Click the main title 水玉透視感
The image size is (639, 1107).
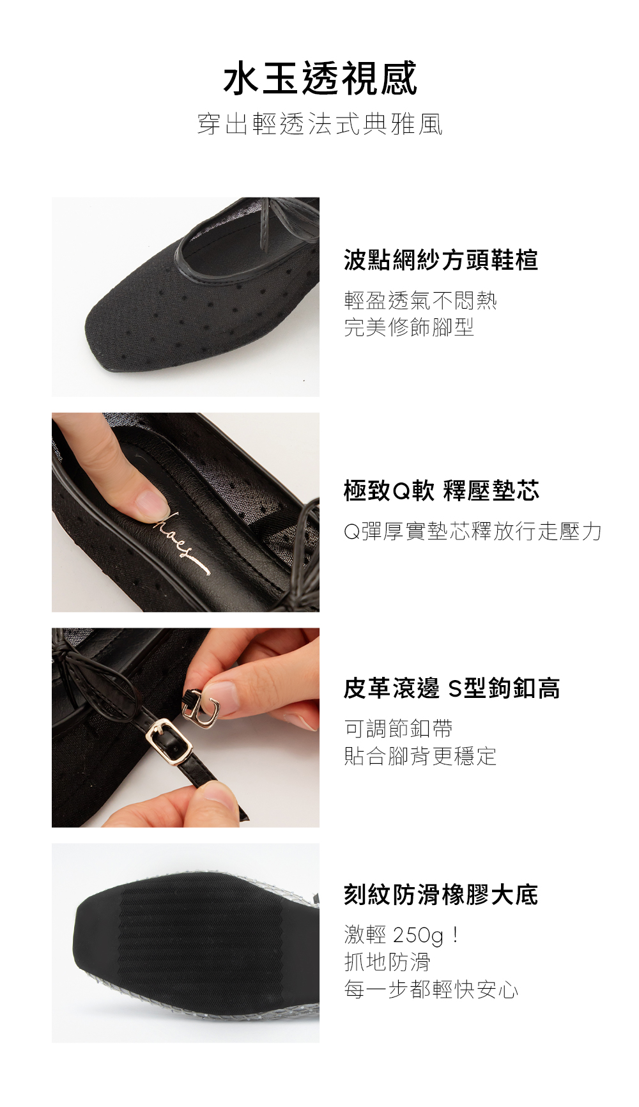coord(320,79)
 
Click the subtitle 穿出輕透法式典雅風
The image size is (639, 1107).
coord(320,124)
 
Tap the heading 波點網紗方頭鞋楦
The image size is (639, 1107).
coord(441,260)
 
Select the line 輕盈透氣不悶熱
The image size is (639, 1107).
coord(420,300)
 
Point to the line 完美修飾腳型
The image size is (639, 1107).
coord(409,327)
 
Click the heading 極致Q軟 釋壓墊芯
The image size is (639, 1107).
coord(442,491)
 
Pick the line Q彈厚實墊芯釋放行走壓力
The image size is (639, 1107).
coord(473,531)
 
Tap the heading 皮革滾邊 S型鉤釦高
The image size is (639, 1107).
coord(452,688)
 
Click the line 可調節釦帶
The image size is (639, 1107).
coord(398,729)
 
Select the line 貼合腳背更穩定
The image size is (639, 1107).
coord(420,756)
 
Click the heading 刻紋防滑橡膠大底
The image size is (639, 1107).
coord(441,895)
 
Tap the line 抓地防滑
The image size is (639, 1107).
coord(387,962)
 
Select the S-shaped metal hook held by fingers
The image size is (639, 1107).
coord(203,711)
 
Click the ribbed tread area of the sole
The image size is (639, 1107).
coord(204,940)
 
